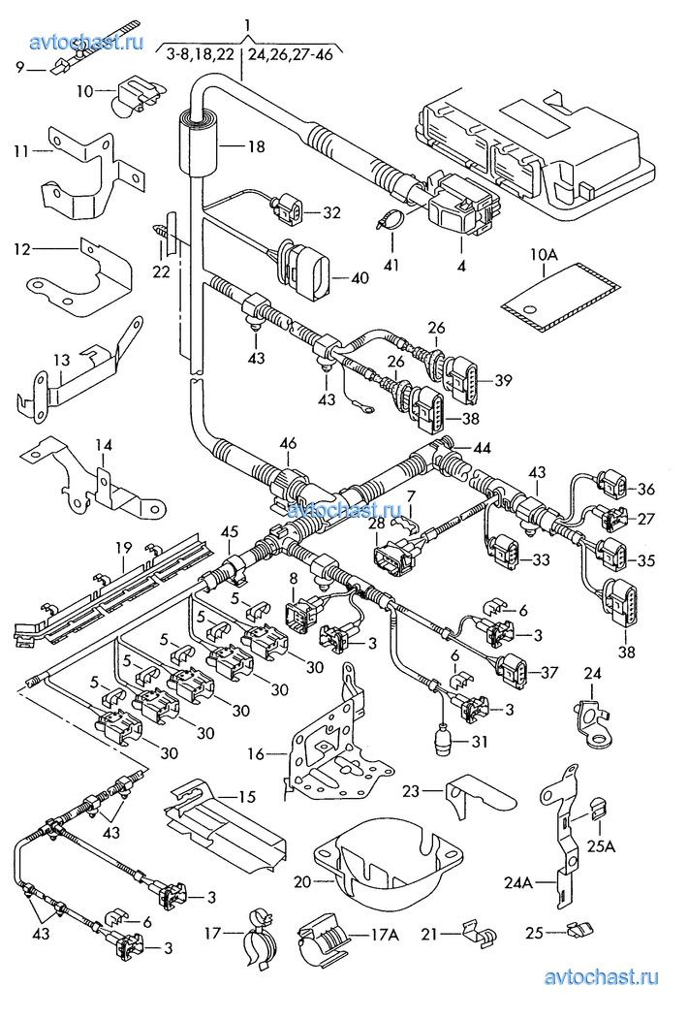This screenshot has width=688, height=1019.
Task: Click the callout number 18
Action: (256, 146)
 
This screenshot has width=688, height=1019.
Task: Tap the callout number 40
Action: (359, 277)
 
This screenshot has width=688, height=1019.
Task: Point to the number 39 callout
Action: (502, 380)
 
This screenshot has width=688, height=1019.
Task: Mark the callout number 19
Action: (124, 548)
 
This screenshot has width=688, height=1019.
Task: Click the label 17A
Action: (386, 936)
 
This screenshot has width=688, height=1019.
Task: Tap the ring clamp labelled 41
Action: (391, 218)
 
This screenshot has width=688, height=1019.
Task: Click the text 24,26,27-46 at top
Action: (291, 54)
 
